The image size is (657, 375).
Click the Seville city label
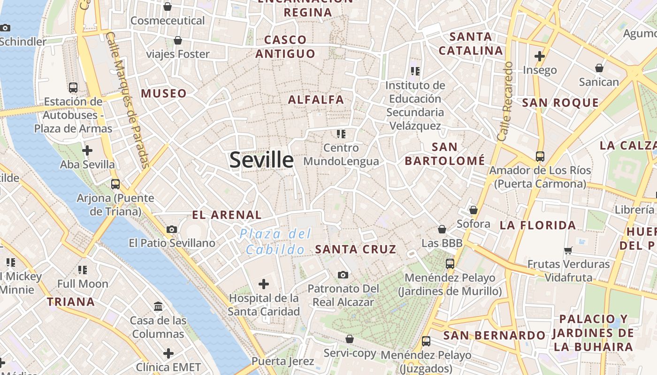261,160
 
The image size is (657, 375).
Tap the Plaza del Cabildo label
275,241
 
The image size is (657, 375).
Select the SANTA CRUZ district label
355,249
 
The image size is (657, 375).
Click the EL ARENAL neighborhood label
227,215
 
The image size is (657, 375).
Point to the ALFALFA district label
316,100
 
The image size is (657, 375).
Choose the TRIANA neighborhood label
71,302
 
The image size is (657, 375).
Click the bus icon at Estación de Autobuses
73,87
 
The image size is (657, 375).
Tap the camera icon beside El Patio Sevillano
172,229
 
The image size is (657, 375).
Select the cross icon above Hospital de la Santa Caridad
264,284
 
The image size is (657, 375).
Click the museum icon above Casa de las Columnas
158,307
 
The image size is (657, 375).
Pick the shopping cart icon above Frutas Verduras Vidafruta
568,250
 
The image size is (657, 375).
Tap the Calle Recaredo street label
506,101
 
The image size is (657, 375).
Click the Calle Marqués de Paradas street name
127,99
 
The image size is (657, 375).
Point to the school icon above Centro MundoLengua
341,134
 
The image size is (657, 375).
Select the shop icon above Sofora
474,210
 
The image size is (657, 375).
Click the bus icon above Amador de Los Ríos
540,156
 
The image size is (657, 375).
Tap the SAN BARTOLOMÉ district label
444,154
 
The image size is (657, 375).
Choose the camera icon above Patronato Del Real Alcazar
343,275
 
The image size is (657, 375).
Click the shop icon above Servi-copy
350,338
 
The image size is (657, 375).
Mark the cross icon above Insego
540,56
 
